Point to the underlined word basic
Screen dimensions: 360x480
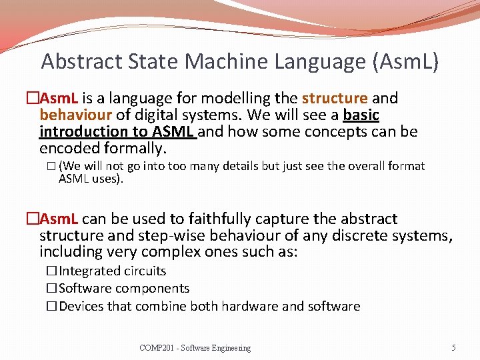tap(361, 115)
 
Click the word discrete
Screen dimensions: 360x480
tap(361, 235)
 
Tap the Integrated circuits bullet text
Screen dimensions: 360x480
tap(112, 271)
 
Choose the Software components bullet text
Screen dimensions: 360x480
tap(124, 288)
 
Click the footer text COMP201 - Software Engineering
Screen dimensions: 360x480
tap(195, 347)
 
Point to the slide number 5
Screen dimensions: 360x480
tap(453, 347)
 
